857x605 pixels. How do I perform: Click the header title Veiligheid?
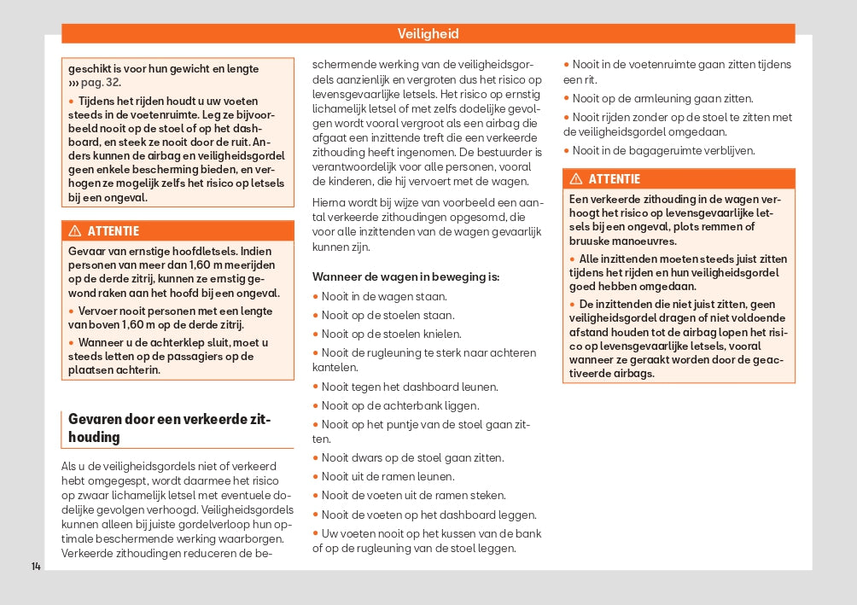point(428,34)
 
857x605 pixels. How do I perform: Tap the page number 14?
point(36,566)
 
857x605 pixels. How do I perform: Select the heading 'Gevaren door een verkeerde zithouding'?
point(169,428)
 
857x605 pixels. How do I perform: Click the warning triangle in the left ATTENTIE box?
point(74,231)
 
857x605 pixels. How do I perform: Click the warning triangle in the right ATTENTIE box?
point(576,179)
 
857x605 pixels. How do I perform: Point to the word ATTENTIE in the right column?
point(614,179)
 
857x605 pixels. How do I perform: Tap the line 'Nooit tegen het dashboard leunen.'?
point(410,387)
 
